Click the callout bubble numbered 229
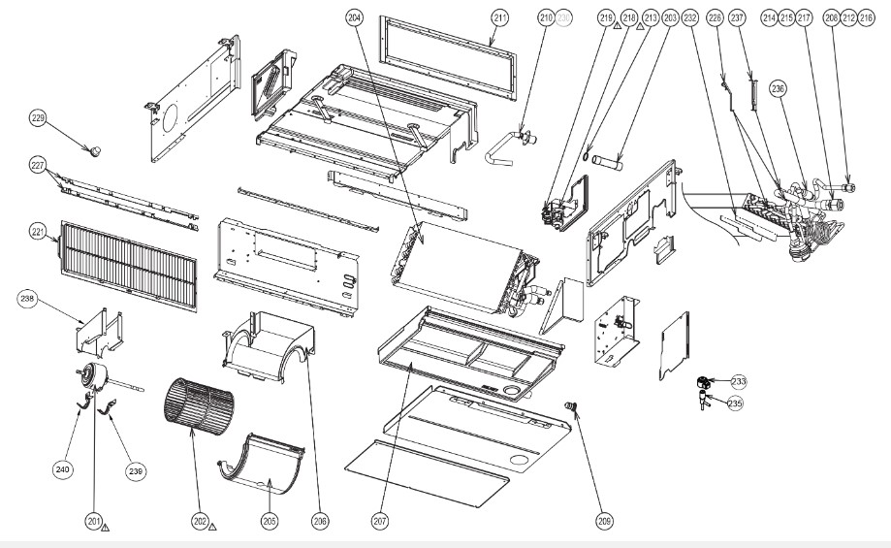tap(38, 118)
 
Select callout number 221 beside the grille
tap(38, 233)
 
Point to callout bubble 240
tap(63, 469)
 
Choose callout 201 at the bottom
tap(94, 522)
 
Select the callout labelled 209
tap(605, 522)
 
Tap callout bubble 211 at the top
tap(499, 17)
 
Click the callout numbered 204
tap(354, 17)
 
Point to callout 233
tap(739, 381)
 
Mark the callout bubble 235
tap(735, 403)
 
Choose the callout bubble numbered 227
tap(38, 166)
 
